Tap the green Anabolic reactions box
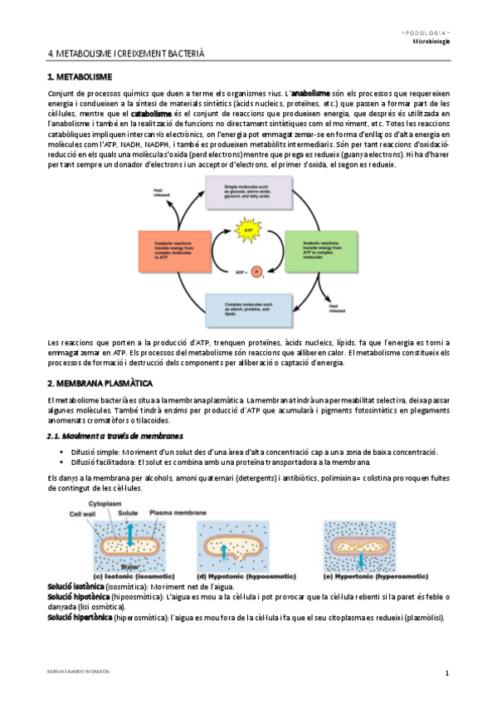point(319,247)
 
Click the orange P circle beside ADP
point(256,271)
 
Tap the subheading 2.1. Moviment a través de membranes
point(115,436)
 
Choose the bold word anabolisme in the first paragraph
point(312,94)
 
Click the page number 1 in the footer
point(446,672)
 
